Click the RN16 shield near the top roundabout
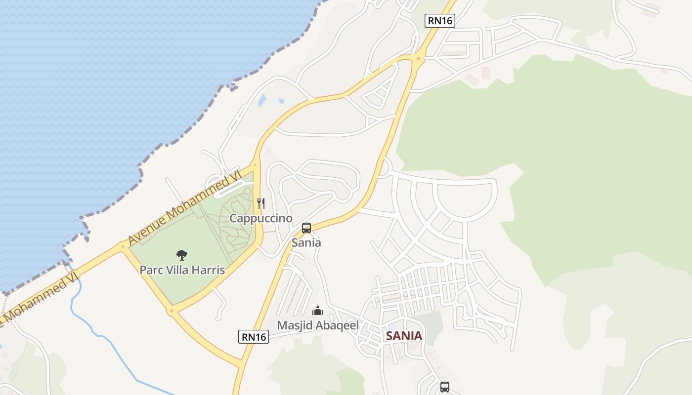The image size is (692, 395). pyautogui.click(x=440, y=21)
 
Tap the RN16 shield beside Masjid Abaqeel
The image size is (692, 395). pyautogui.click(x=254, y=337)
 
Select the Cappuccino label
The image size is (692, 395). pyautogui.click(x=261, y=218)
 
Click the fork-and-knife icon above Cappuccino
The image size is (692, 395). pyautogui.click(x=261, y=203)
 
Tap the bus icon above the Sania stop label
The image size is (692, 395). pyautogui.click(x=306, y=228)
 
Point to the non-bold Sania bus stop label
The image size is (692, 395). pyautogui.click(x=306, y=242)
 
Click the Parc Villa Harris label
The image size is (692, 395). pyautogui.click(x=182, y=270)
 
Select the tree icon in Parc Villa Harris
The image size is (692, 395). pyautogui.click(x=182, y=255)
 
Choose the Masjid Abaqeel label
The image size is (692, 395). pyautogui.click(x=318, y=325)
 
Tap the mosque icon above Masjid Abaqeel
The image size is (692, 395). pyautogui.click(x=318, y=311)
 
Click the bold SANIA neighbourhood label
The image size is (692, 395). pyautogui.click(x=404, y=336)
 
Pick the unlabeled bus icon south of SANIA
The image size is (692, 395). pyautogui.click(x=445, y=387)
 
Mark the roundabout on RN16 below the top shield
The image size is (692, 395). pyautogui.click(x=418, y=59)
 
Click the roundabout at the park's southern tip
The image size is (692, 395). pyautogui.click(x=172, y=311)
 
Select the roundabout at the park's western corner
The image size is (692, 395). pyautogui.click(x=123, y=246)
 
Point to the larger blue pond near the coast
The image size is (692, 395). pyautogui.click(x=262, y=100)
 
